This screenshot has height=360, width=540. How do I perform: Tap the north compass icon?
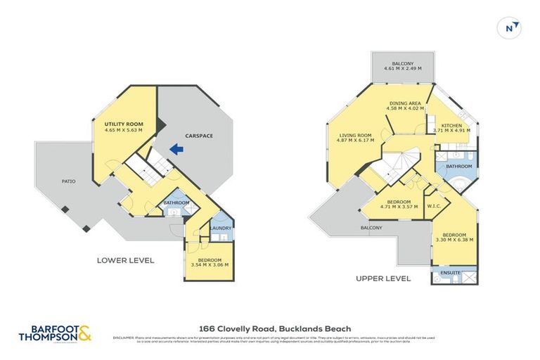pos(512,28)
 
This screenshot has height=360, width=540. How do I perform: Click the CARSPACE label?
pos(199,135)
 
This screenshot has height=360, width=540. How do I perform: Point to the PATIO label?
pos(68,181)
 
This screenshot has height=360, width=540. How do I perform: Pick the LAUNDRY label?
pos(221,227)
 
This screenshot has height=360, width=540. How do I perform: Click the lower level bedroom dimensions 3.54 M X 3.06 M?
pos(210,264)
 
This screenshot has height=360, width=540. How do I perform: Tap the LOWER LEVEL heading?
pos(125,260)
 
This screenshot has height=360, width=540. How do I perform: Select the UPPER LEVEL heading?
pos(384,278)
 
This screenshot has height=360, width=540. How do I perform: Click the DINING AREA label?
pos(406,103)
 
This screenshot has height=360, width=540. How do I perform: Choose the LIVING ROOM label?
pos(355,135)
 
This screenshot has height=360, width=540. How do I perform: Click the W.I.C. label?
pos(434,207)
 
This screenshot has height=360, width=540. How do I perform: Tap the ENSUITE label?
pos(451,272)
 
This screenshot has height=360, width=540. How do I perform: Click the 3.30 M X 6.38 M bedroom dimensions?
pos(454,240)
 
